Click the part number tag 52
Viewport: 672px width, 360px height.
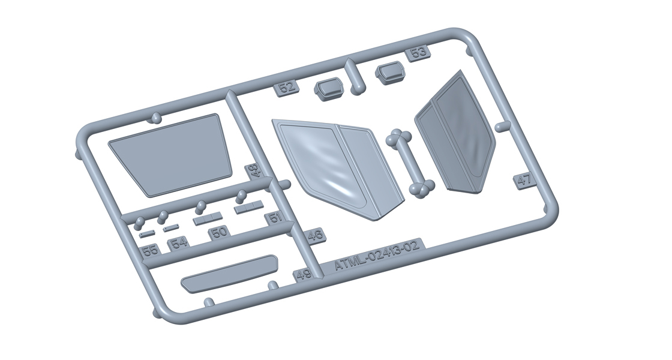287,88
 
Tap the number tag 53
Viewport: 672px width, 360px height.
418,53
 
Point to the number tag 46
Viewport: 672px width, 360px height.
315,236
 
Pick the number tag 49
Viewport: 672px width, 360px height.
303,275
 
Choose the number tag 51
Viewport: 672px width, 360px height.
275,217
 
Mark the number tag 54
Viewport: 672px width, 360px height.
179,243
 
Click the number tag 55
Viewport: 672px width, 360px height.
150,250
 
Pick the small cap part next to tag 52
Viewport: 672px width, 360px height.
329,90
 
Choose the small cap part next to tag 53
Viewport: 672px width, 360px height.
390,73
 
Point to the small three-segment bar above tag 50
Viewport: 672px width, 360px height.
208,218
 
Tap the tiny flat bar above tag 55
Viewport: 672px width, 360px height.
147,232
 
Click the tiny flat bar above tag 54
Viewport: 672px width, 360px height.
171,227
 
